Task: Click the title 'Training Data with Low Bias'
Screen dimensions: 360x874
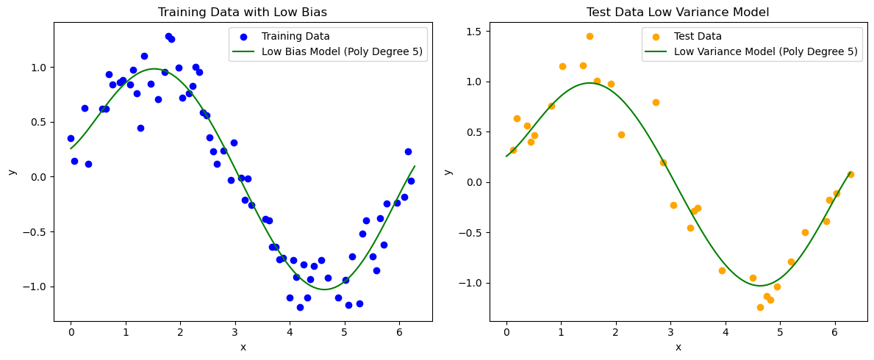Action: click(243, 12)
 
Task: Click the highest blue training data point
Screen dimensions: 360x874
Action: click(168, 36)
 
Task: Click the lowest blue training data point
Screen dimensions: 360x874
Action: click(300, 307)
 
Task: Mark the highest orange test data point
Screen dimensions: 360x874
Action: click(590, 36)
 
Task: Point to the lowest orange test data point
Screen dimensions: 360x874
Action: click(760, 307)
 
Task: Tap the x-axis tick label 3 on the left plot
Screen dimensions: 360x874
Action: click(235, 332)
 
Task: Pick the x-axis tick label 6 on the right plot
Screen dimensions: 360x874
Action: click(834, 332)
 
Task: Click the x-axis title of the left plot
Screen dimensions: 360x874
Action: click(243, 347)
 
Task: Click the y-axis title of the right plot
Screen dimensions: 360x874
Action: click(448, 171)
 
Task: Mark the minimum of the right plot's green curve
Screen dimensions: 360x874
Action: click(760, 286)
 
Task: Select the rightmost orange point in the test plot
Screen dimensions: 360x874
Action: click(850, 174)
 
